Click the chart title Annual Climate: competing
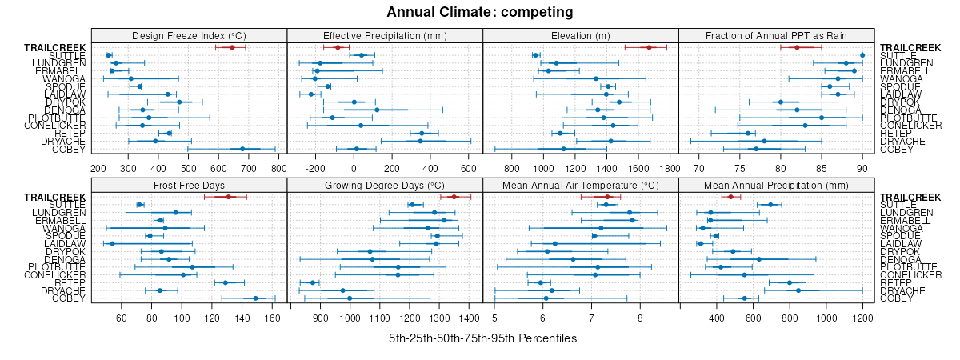tap(480, 12)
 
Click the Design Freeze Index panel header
tap(189, 35)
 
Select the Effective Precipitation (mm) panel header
tap(385, 35)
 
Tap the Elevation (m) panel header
tap(581, 35)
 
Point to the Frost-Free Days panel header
tap(189, 186)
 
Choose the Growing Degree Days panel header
tap(385, 186)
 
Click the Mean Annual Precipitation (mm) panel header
tap(776, 186)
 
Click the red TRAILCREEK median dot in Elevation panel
tap(649, 48)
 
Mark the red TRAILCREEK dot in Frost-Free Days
tap(228, 197)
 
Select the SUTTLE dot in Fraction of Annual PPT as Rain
tap(862, 55)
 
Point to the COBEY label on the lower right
tap(896, 298)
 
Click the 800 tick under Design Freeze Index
tap(278, 168)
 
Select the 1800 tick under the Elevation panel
tap(670, 168)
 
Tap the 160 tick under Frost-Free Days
tap(273, 318)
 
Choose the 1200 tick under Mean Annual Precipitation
tap(862, 318)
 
